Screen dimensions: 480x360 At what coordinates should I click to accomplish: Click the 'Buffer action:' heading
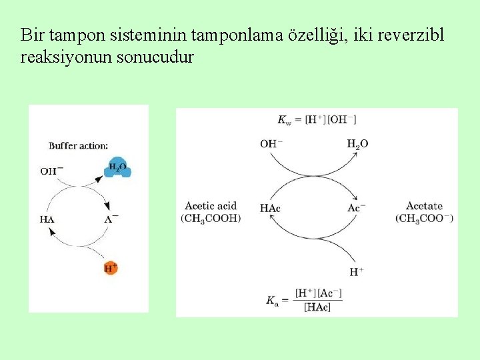pos(78,145)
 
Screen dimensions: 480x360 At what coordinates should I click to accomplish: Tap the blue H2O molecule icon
pos(118,168)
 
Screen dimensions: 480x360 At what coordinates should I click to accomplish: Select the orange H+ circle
pos(111,268)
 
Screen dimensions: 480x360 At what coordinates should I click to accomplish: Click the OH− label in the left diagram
pos(51,171)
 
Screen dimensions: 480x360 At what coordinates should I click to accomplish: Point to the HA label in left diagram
pos(47,219)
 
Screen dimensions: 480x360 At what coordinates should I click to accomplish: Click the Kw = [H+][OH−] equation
pos(317,119)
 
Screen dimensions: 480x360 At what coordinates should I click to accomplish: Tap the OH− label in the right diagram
pos(271,143)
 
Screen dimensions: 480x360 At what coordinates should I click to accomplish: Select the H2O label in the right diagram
pos(357,143)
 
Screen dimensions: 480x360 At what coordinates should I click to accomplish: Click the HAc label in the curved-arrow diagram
pos(270,209)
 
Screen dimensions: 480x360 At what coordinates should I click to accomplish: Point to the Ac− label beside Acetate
pos(357,208)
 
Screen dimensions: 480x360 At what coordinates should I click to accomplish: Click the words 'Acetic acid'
pos(211,206)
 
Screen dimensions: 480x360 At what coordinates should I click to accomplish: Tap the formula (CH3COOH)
pos(211,218)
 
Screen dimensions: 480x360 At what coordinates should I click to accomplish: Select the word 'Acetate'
pos(424,206)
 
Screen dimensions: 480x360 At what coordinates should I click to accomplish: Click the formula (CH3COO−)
pos(424,218)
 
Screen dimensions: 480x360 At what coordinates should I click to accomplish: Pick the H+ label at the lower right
pos(357,271)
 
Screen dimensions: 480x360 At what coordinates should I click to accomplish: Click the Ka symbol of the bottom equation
pos(271,301)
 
